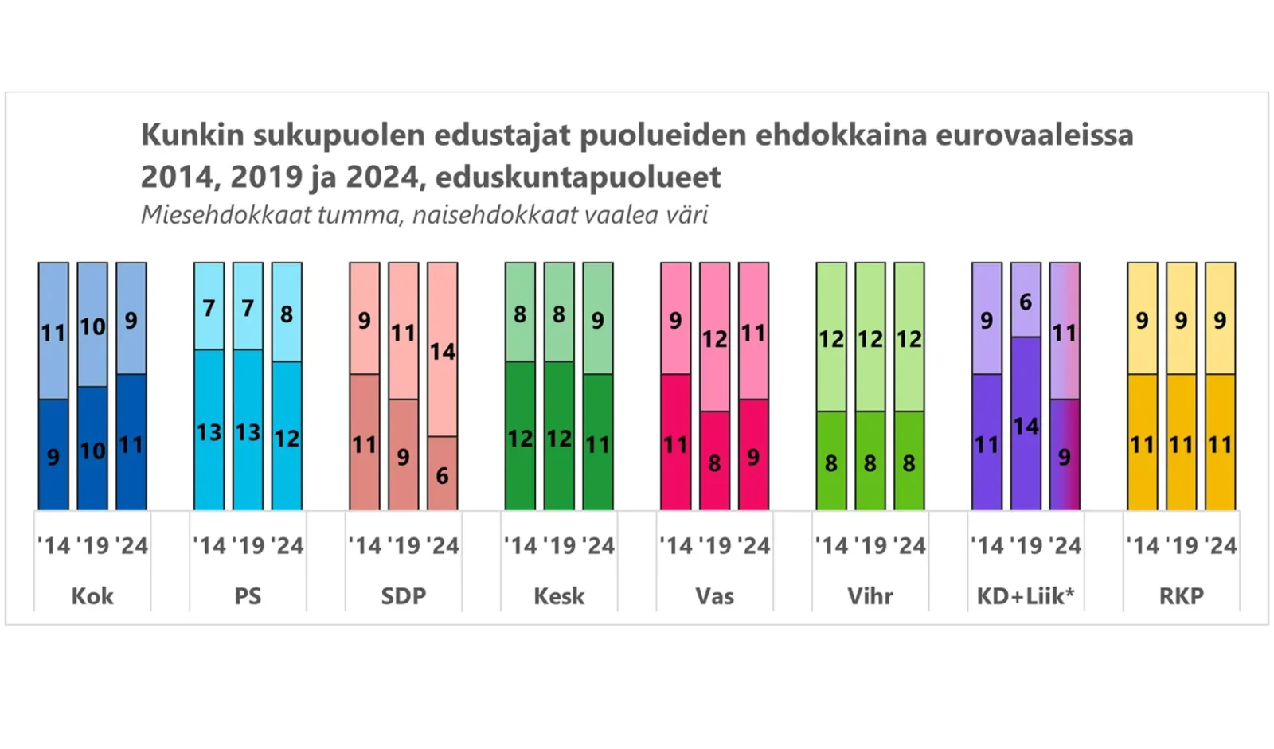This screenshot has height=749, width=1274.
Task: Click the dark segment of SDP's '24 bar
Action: click(443, 473)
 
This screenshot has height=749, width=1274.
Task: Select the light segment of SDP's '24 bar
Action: click(443, 349)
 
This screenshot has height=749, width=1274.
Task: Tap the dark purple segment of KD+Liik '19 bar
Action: click(1026, 423)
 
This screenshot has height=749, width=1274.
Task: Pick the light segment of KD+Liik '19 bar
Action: click(1026, 300)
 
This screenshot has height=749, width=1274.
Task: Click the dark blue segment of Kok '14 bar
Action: click(53, 454)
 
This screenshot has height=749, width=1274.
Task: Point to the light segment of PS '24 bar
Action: click(287, 312)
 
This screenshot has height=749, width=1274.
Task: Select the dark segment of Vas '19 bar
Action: click(715, 461)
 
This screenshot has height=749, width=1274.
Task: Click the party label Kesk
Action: click(559, 596)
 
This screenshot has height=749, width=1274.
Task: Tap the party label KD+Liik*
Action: click(1026, 595)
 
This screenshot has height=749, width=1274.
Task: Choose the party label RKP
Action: click(1182, 596)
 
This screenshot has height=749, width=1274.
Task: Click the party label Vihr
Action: click(870, 596)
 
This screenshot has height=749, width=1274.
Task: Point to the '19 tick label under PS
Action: click(248, 545)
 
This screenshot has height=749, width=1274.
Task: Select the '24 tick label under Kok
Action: click(131, 545)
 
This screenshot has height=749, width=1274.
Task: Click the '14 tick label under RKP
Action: click(1143, 545)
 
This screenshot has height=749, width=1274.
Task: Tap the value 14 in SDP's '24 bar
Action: click(443, 352)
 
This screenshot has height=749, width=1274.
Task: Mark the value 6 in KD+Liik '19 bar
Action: click(1026, 302)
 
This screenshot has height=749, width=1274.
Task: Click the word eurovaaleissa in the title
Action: click(1035, 135)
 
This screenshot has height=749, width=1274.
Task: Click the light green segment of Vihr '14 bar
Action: click(831, 337)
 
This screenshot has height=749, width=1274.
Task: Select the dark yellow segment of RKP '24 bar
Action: click(1221, 442)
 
